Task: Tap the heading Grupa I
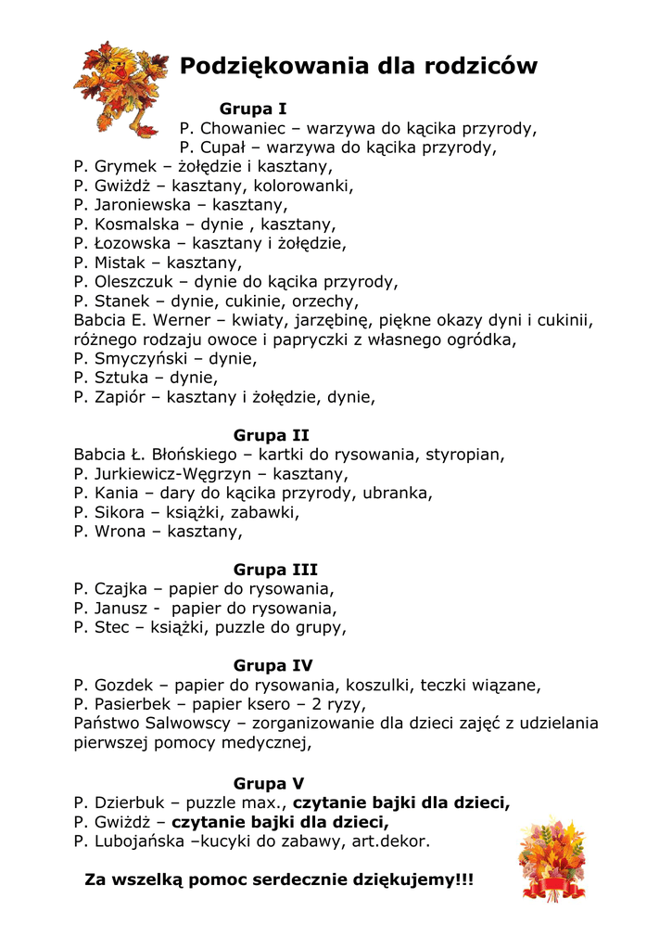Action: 253,109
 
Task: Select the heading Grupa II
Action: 272,435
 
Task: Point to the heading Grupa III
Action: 275,570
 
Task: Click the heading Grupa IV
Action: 273,665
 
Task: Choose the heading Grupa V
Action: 269,783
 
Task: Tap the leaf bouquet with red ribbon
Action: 552,858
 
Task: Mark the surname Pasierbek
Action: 134,704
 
